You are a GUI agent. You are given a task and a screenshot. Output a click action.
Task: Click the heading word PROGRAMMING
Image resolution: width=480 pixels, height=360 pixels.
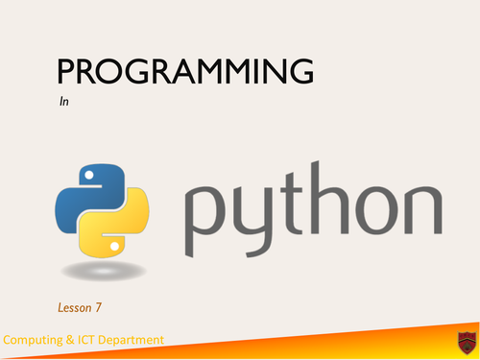(185, 73)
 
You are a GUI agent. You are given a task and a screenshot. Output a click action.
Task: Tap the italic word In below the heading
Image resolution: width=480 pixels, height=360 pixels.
(64, 100)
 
